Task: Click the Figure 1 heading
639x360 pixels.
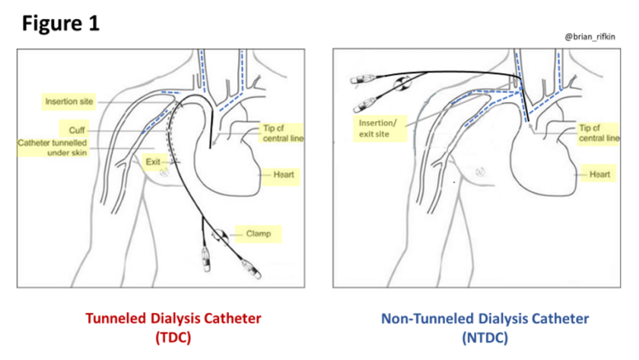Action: (x=61, y=23)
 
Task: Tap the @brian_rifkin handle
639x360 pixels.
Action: (x=590, y=36)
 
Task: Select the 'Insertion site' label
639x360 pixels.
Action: (x=69, y=101)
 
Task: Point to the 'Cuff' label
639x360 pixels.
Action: (x=77, y=130)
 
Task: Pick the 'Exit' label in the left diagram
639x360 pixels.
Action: (x=152, y=162)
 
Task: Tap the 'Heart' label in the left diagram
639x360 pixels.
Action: (x=283, y=174)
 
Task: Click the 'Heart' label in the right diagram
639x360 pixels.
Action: (x=599, y=174)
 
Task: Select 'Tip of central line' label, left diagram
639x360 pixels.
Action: (x=282, y=132)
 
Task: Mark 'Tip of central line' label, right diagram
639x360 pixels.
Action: (x=598, y=133)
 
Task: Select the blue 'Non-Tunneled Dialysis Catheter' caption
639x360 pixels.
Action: (x=485, y=318)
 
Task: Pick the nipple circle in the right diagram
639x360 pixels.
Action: (x=480, y=172)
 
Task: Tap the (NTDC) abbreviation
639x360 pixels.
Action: (x=485, y=336)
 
